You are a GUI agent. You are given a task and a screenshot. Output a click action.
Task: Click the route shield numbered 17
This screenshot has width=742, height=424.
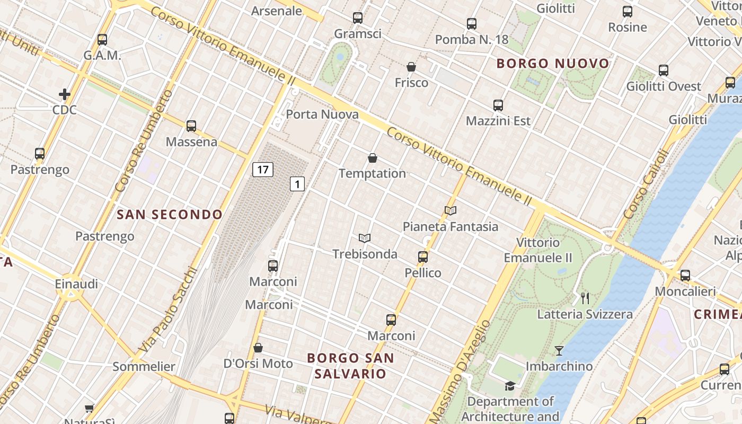263,170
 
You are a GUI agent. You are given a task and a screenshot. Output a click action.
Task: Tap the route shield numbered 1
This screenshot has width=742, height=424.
298,184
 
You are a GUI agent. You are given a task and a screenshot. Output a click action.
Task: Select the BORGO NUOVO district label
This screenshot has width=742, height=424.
553,64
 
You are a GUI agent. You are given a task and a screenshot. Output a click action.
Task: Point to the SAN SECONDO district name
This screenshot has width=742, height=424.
170,215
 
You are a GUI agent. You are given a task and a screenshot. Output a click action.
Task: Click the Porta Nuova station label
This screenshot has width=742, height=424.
322,114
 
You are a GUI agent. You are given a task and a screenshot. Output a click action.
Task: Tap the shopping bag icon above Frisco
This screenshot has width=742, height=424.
411,67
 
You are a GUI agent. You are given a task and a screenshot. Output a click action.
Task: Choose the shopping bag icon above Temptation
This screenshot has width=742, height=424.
373,158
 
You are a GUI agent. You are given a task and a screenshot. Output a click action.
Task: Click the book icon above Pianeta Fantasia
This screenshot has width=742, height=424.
450,210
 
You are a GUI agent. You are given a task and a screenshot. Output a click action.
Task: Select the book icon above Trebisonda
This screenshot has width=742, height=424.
364,238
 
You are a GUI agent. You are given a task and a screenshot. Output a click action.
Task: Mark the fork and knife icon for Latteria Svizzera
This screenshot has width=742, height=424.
585,298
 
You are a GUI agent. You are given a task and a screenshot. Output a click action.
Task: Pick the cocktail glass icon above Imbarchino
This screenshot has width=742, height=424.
559,350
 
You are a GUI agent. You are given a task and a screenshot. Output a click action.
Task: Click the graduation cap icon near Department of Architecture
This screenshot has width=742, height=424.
510,386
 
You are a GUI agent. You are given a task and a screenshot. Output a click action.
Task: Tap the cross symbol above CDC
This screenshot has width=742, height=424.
65,94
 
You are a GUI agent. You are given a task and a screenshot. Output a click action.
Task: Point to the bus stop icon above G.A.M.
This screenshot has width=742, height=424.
102,40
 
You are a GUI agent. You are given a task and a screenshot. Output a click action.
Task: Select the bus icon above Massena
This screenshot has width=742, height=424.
191,126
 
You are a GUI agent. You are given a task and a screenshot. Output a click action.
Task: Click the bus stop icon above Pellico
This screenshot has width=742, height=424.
423,257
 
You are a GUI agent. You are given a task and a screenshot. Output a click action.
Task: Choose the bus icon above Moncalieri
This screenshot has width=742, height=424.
685,276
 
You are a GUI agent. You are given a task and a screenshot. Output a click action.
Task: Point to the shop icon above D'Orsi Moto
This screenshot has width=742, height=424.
258,348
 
